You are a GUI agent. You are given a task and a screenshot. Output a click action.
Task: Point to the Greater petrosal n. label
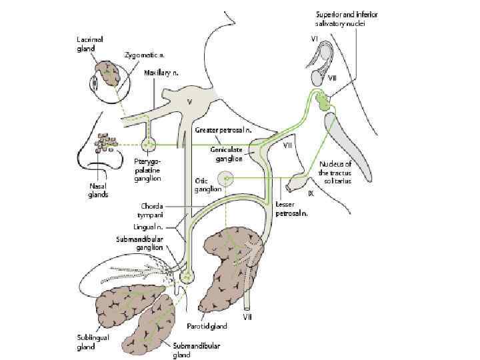click(x=223, y=129)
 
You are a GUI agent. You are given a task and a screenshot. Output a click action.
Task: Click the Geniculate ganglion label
click(x=227, y=154)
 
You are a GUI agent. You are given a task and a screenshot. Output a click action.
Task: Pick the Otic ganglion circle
click(x=227, y=178)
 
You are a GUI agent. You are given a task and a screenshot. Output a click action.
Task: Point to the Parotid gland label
click(x=207, y=326)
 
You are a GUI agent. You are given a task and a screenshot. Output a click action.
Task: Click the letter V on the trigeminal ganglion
click(x=189, y=102)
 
